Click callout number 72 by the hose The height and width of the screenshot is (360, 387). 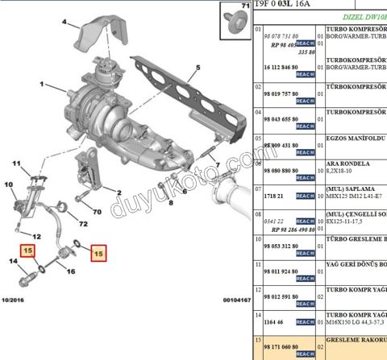coord(82,222)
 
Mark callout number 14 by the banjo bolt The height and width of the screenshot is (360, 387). coord(14,260)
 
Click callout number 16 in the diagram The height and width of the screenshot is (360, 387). coord(70,271)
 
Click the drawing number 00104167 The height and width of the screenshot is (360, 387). coord(235,300)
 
